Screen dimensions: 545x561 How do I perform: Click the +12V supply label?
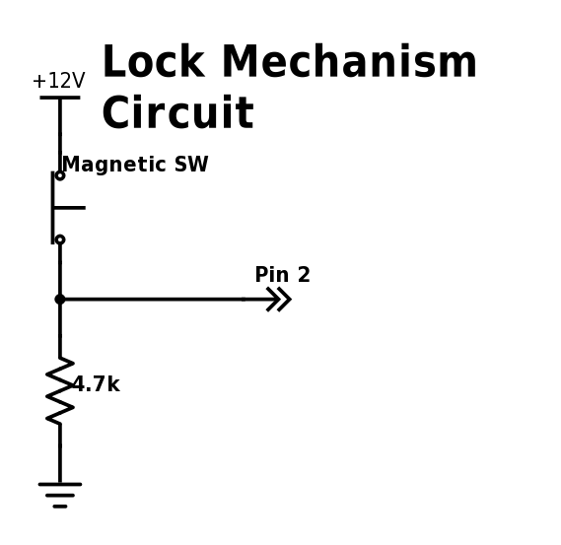tap(58, 81)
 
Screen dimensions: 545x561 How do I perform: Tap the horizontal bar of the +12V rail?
tap(59, 98)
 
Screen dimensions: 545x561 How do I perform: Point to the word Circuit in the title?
tap(177, 114)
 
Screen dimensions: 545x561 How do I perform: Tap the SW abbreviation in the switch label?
tap(191, 166)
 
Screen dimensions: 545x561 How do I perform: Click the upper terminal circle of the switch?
tap(60, 175)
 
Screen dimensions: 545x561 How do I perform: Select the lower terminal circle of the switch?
tap(60, 239)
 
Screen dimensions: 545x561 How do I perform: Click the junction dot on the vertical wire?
tap(60, 299)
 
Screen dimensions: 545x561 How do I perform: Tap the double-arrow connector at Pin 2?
tap(279, 299)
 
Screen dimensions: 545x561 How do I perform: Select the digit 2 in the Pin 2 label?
tap(304, 276)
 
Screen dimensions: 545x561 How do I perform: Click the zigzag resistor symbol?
tap(60, 390)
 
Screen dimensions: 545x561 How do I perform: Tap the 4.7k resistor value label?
tap(97, 385)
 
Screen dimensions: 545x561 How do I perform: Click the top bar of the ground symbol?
tap(60, 484)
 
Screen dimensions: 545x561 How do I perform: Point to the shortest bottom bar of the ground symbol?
tap(60, 506)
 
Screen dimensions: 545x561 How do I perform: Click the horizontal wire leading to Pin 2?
tap(158, 299)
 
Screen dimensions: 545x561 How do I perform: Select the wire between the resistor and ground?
tap(60, 453)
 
